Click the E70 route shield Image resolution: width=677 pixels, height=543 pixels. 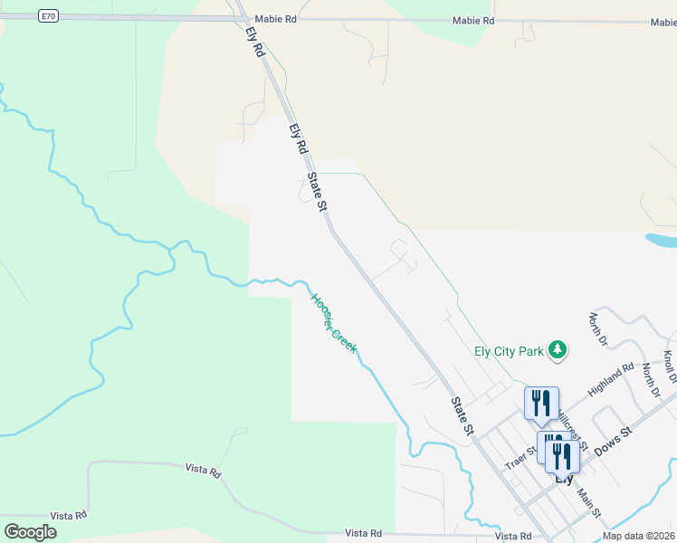(x=49, y=15)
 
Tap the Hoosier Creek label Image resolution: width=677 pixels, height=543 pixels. (x=334, y=323)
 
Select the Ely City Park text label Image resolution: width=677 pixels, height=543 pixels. (x=508, y=351)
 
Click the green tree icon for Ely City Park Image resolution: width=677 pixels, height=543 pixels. (x=559, y=349)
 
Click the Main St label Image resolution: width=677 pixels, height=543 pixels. (x=590, y=503)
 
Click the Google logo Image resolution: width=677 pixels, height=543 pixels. (x=31, y=531)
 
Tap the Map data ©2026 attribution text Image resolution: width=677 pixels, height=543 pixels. (x=637, y=536)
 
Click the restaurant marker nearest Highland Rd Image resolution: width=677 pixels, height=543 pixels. (x=541, y=404)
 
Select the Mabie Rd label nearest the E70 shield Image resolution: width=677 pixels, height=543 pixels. (x=276, y=18)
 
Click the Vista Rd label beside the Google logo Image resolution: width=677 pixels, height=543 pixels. (x=69, y=515)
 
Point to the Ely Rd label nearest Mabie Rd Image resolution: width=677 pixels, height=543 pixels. (x=254, y=42)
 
